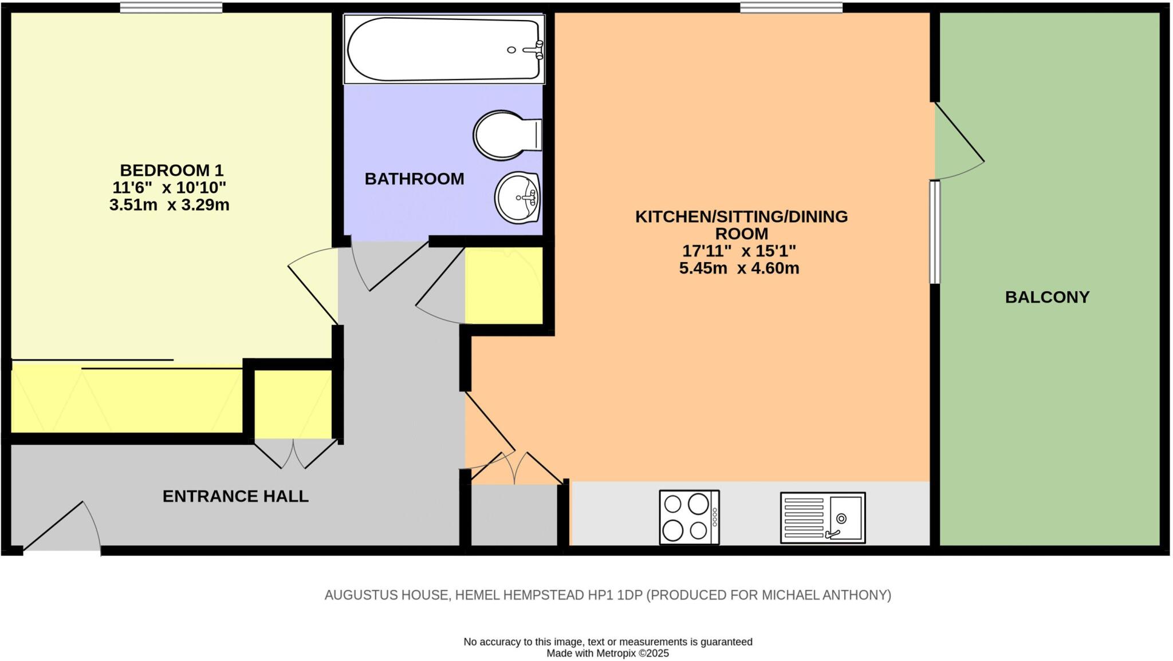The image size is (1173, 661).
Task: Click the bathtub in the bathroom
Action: click(444, 49)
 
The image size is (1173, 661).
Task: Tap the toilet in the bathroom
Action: click(507, 136)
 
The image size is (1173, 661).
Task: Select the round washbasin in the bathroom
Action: click(517, 198)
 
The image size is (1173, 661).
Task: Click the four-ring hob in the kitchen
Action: click(689, 517)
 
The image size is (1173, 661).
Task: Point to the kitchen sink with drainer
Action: click(822, 518)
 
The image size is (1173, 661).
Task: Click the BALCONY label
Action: click(1047, 297)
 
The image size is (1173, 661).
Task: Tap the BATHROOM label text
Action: click(414, 179)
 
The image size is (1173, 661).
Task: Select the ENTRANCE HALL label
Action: click(235, 496)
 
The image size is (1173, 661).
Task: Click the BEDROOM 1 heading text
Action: click(172, 170)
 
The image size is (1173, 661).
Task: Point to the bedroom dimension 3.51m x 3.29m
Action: click(170, 205)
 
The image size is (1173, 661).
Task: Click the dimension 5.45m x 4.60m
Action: click(739, 268)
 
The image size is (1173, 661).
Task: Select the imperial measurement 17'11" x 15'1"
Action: click(739, 251)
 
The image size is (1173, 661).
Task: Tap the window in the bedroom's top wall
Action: click(171, 7)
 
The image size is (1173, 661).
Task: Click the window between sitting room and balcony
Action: click(935, 232)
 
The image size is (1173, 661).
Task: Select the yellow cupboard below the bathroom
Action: click(504, 286)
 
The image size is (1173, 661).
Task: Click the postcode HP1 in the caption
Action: click(600, 595)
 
